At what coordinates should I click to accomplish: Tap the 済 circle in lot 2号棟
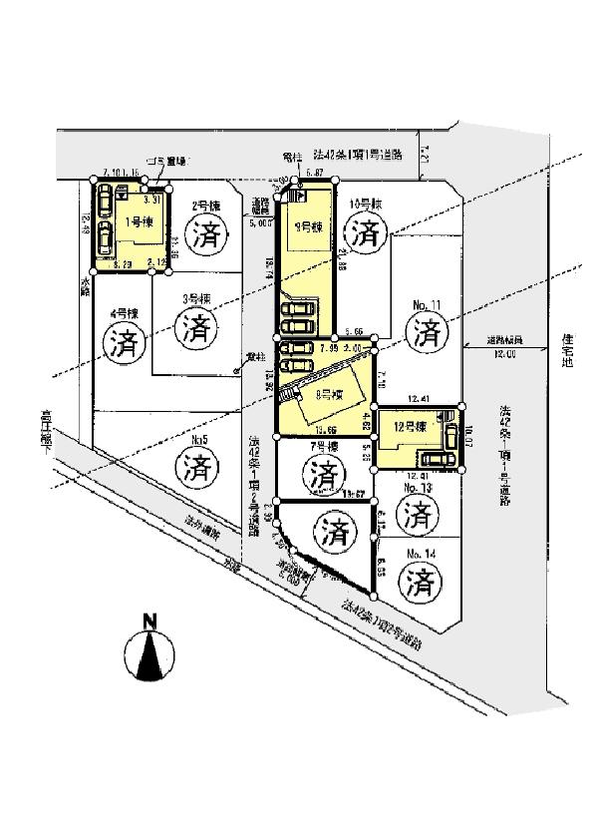tap(206, 237)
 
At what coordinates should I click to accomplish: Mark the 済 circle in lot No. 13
tap(420, 515)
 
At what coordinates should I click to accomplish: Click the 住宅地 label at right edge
tap(568, 349)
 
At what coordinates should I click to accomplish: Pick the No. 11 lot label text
tap(425, 300)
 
